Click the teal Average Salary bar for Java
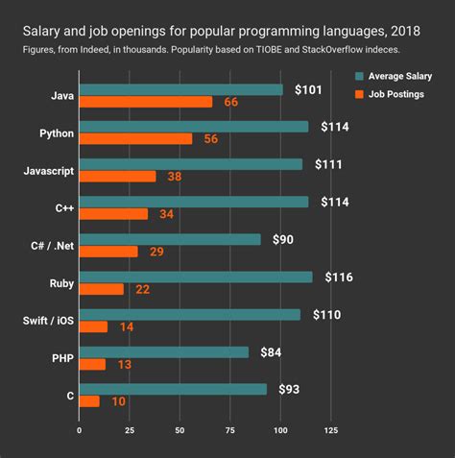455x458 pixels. tap(180, 90)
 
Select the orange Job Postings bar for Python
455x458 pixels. tap(135, 139)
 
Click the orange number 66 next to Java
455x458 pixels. tap(230, 102)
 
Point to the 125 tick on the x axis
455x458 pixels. tap(331, 430)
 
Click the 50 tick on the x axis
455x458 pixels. tap(180, 430)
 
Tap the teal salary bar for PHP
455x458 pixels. tap(163, 351)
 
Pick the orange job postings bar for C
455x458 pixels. tap(89, 401)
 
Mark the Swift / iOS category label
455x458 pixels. tap(45, 321)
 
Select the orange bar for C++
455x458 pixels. tap(113, 214)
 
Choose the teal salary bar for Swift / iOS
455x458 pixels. tap(189, 314)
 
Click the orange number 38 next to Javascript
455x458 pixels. tap(174, 177)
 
